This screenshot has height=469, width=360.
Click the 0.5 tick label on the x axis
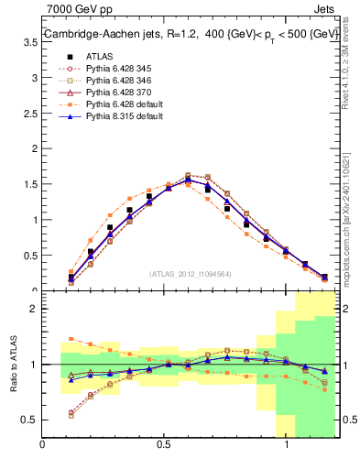click(x=165, y=444)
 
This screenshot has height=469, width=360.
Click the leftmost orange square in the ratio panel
click(x=71, y=339)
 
